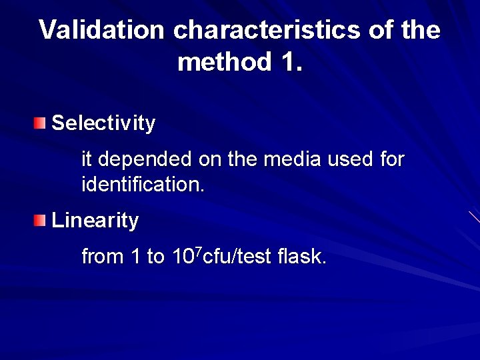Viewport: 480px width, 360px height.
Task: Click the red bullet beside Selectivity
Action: (x=41, y=123)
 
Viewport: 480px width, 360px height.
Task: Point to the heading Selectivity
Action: (x=103, y=123)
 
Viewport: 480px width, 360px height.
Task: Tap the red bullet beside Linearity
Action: (x=41, y=220)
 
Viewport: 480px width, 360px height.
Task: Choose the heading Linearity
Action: (x=95, y=221)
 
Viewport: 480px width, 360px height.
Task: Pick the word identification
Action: (x=143, y=184)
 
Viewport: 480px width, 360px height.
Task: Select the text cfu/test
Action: (x=236, y=257)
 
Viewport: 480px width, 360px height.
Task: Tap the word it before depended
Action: (x=86, y=159)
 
